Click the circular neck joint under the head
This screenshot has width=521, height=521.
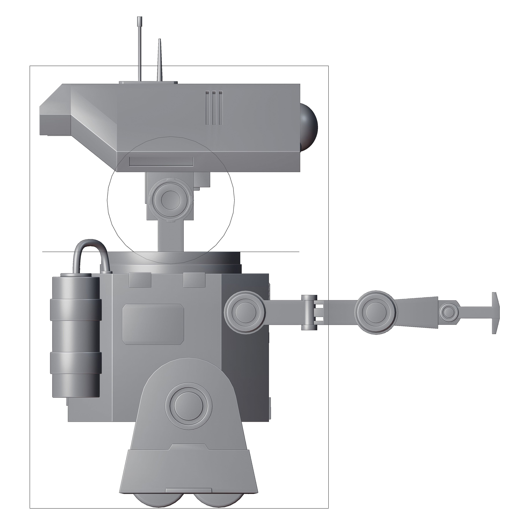171,200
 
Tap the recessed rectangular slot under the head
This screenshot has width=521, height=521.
161,162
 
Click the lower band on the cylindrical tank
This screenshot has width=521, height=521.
76,363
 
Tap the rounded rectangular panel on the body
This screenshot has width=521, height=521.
153,324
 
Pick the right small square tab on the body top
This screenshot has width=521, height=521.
194,280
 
